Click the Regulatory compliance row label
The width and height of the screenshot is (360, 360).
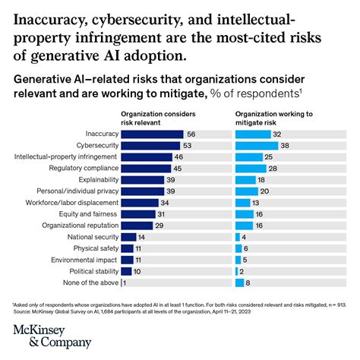(x=84, y=168)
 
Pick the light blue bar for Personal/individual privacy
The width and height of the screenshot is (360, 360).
(x=247, y=191)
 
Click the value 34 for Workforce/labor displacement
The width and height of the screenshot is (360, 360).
(x=166, y=203)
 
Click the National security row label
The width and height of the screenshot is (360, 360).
(x=92, y=237)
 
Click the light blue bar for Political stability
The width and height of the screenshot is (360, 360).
(x=238, y=271)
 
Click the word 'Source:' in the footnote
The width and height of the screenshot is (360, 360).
(x=22, y=310)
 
